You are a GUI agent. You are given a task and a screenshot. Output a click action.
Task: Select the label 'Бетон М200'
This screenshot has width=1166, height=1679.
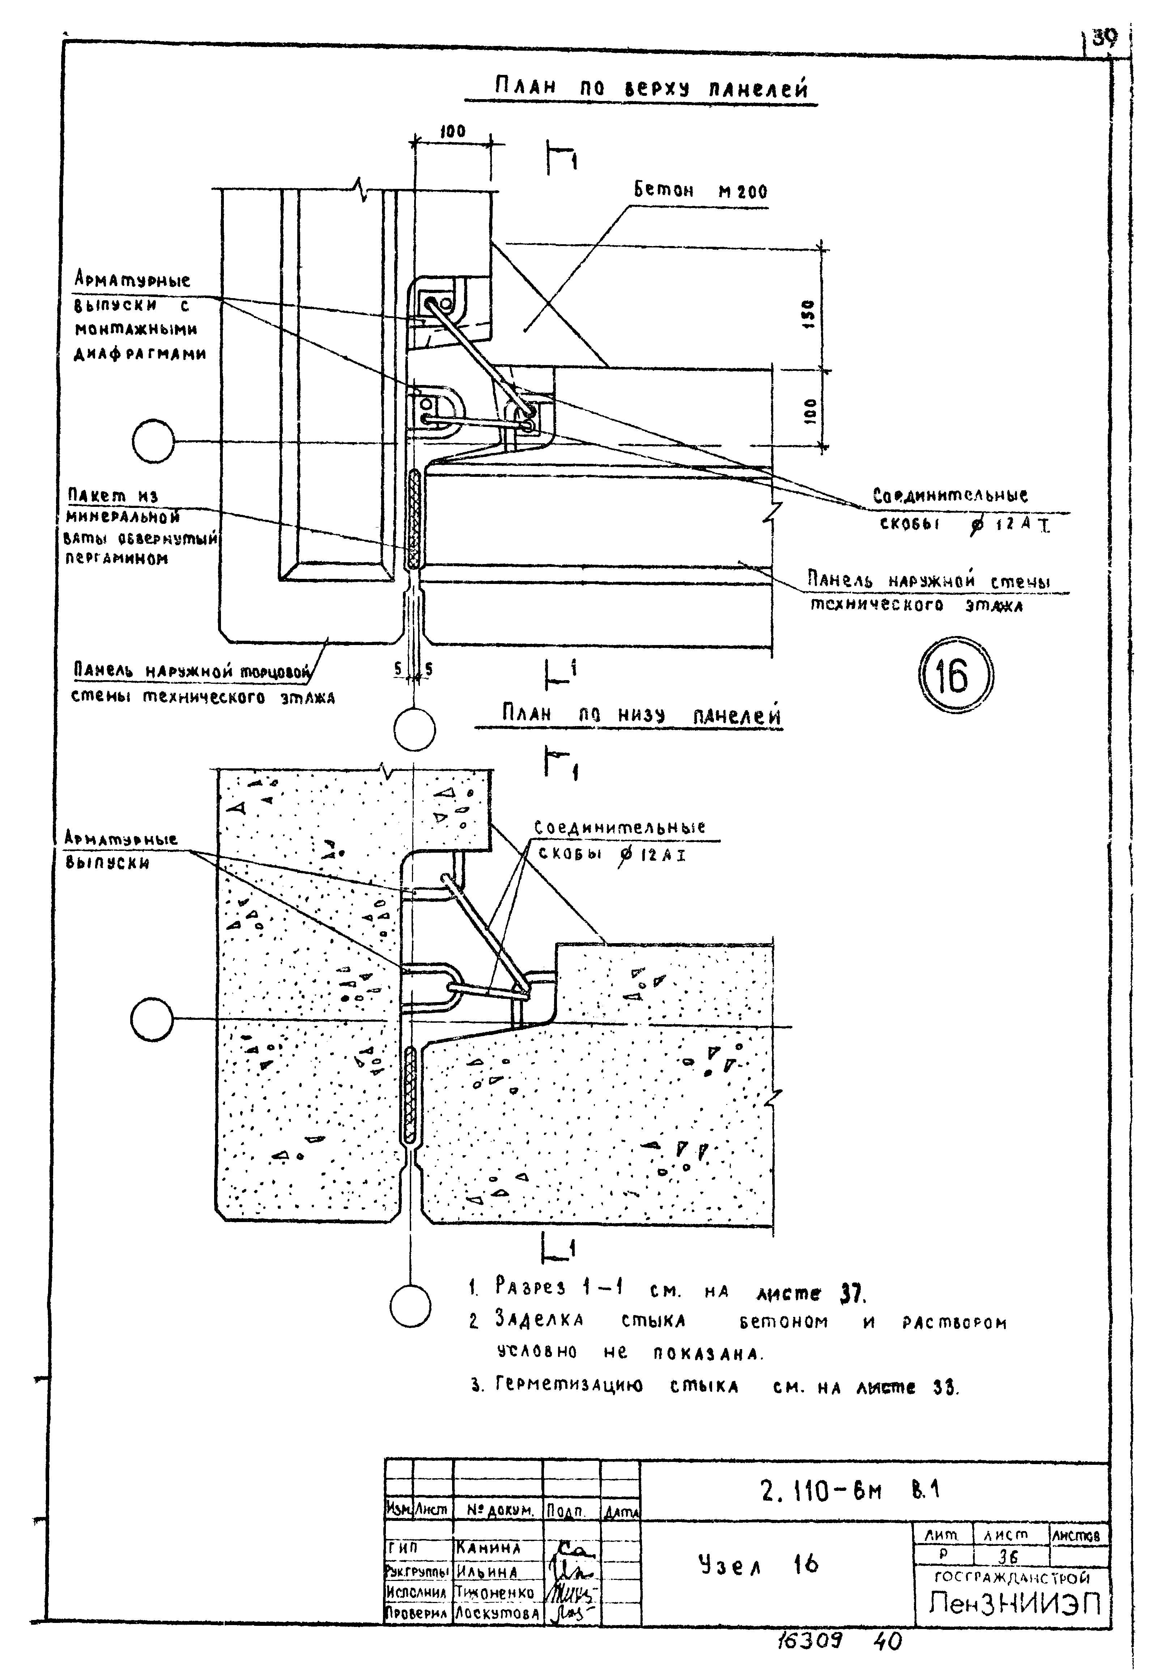point(700,191)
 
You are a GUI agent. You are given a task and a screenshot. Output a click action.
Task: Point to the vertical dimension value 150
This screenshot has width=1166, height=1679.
point(809,314)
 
